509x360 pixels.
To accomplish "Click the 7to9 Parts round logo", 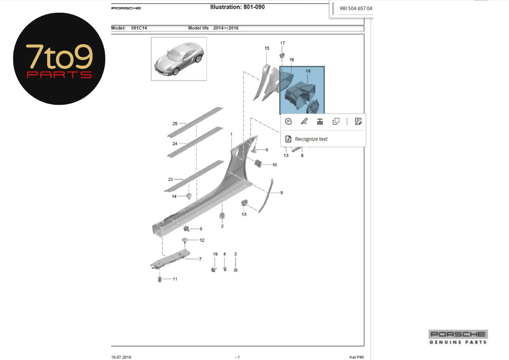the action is click(59, 59).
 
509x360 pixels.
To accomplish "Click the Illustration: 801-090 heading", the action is click(237, 7).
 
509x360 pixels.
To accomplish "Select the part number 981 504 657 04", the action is click(356, 8).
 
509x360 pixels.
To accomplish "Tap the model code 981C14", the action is click(139, 28).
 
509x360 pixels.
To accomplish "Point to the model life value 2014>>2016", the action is click(226, 28).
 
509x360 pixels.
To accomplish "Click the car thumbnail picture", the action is click(179, 59).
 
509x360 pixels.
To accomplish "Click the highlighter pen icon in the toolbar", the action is click(304, 121).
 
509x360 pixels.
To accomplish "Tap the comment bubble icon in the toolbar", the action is click(288, 121).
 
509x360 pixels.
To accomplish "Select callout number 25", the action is click(175, 124).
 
